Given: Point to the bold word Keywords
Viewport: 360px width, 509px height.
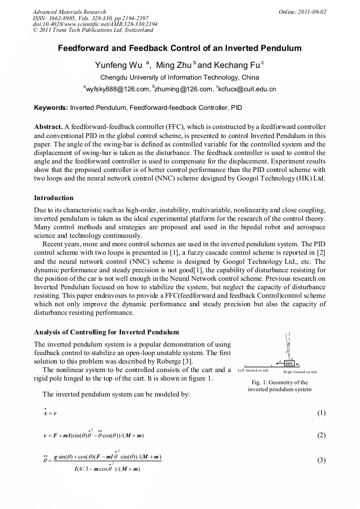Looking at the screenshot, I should (x=51, y=108).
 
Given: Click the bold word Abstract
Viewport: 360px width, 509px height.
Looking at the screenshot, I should (x=48, y=127).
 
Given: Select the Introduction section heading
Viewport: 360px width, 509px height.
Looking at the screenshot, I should (x=54, y=198).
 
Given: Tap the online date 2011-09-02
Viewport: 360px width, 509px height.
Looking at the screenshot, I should (x=312, y=12).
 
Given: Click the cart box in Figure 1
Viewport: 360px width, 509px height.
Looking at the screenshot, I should (x=289, y=364).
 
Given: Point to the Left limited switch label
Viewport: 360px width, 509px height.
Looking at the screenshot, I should (x=253, y=370).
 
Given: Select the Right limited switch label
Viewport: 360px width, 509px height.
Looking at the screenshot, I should (x=300, y=373).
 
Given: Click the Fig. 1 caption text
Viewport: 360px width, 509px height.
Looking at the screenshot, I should (x=279, y=386).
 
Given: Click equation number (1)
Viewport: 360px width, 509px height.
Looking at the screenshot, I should (x=321, y=413).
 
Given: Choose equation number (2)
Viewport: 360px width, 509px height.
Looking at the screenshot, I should (x=321, y=435).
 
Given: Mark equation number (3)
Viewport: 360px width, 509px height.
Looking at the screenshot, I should (x=321, y=460).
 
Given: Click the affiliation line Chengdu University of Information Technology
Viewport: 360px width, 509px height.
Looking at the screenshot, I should (x=179, y=77).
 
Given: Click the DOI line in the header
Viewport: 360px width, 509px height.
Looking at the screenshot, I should (x=95, y=24).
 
